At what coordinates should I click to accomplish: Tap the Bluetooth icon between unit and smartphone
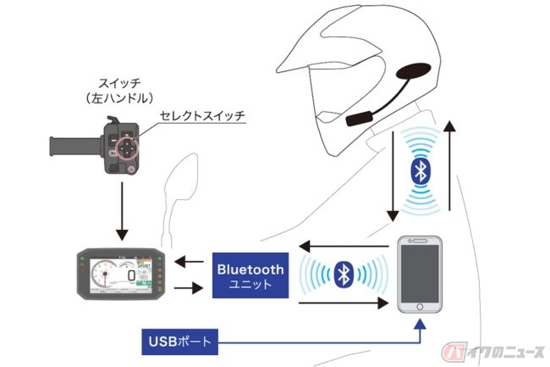[343, 274]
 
